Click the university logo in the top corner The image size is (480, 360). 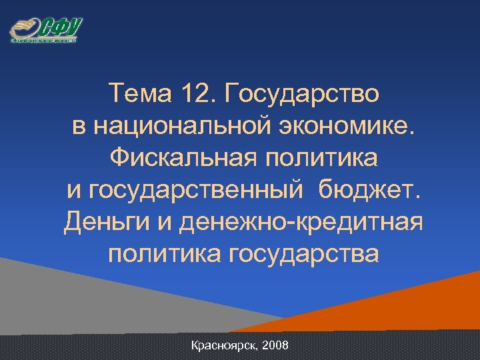coord(45,30)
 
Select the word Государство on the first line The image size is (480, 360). coord(304,94)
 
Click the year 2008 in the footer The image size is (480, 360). coord(276,346)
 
